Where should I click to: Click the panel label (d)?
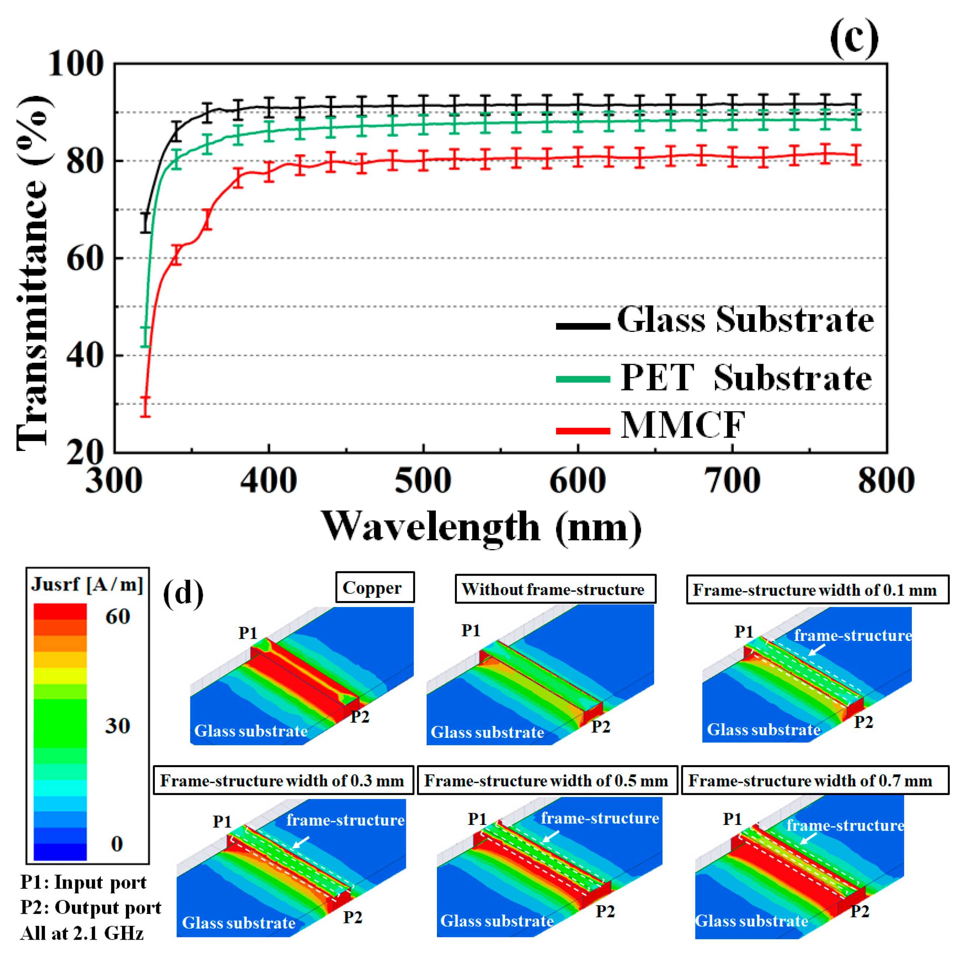(183, 593)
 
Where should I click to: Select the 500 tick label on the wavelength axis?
(423, 481)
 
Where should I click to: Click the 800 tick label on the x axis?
(886, 481)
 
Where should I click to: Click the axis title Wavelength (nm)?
(481, 527)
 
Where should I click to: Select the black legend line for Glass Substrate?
(583, 326)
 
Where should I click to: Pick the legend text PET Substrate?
(746, 378)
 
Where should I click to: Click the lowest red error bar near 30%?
(145, 407)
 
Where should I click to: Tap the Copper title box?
(375, 587)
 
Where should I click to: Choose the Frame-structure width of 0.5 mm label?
(546, 781)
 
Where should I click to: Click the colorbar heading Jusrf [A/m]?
(87, 584)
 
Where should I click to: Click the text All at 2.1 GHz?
(82, 933)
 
